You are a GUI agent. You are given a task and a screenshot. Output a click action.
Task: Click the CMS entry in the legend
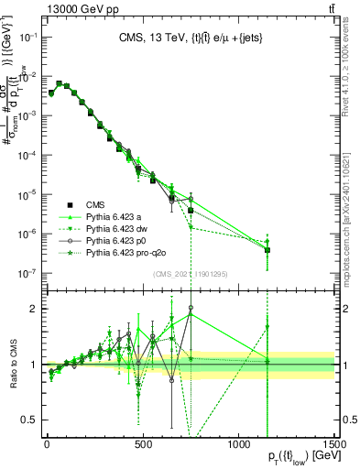pos(96,203)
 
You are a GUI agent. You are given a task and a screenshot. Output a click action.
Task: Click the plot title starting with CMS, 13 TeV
pos(191,38)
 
